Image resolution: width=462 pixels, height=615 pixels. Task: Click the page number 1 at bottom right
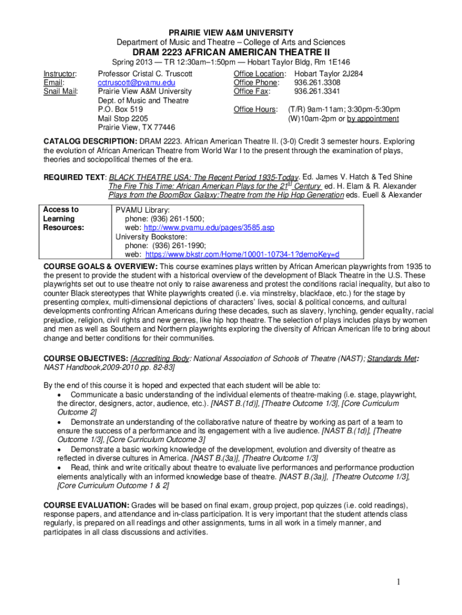pyautogui.click(x=397, y=581)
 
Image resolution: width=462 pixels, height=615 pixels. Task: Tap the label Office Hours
pyautogui.click(x=255, y=109)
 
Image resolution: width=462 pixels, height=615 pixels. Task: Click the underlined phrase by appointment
pyautogui.click(x=373, y=118)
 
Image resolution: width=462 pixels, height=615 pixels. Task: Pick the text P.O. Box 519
pyautogui.click(x=120, y=109)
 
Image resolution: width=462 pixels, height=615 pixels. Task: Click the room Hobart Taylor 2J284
pyautogui.click(x=328, y=73)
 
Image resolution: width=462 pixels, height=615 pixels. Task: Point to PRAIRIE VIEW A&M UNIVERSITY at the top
pyautogui.click(x=231, y=32)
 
